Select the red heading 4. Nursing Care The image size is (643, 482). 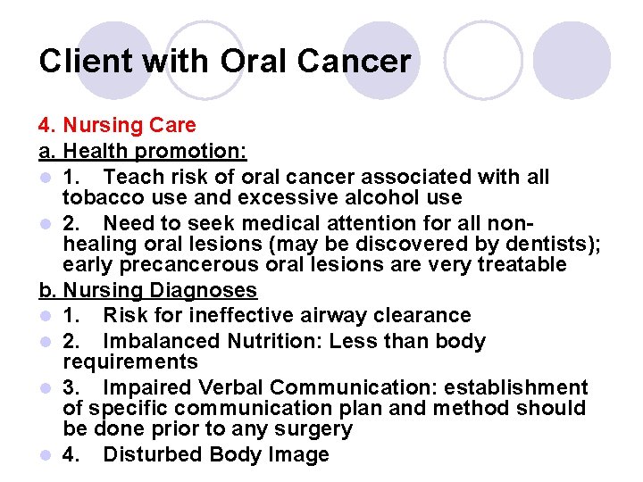[x=117, y=125]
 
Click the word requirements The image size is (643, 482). [x=130, y=361]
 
